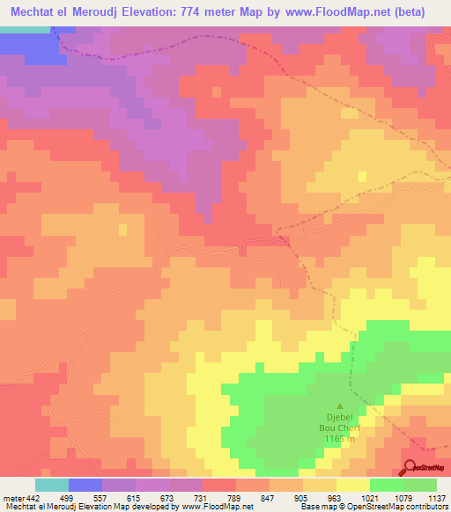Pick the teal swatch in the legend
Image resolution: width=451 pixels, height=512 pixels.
click(x=52, y=485)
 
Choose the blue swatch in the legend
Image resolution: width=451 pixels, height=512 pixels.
click(x=85, y=485)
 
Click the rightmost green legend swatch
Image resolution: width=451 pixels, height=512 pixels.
click(x=419, y=485)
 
